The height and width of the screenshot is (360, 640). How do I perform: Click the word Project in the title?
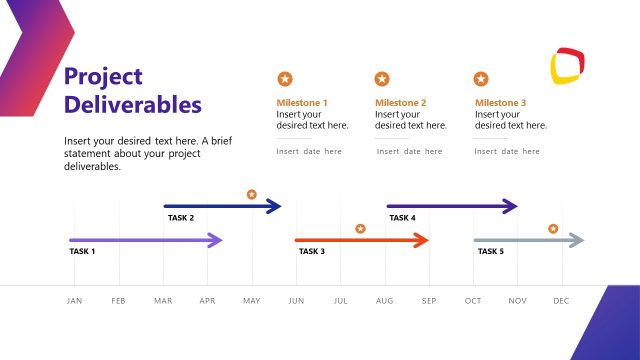pos(103,77)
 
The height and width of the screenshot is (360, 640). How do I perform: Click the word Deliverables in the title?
pos(132,104)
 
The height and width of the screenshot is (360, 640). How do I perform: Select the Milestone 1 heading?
pos(302,103)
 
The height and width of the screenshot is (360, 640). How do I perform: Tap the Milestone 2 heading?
pos(400,103)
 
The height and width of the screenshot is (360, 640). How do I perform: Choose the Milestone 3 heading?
pos(500,103)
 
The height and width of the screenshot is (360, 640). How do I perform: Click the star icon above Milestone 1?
pos(285,78)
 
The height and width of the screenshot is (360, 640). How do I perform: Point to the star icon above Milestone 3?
pos(481,78)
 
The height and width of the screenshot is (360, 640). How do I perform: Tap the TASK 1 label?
pos(82,251)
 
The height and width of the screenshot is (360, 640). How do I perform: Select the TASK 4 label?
pos(402,218)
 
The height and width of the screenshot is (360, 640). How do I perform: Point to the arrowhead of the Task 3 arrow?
pos(421,240)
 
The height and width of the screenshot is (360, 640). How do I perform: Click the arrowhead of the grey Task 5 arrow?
pos(576,240)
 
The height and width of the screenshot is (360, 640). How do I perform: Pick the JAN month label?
pos(74,301)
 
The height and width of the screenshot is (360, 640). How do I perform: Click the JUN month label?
pos(296,301)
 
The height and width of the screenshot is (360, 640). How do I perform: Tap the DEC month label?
pos(561,301)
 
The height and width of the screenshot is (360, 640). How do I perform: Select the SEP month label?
pos(429,301)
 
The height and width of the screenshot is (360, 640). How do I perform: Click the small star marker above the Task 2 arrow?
pos(252,194)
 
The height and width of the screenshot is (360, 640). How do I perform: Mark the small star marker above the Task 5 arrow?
pos(553,229)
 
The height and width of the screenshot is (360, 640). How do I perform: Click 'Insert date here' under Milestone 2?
pos(409,152)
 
